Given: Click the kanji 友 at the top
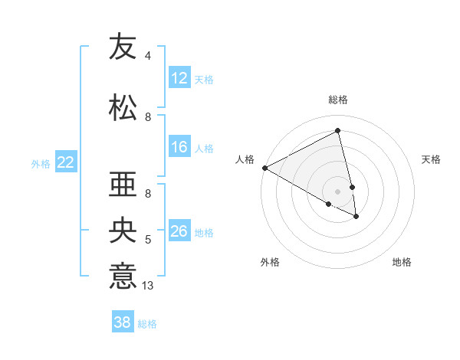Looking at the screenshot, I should (123, 47).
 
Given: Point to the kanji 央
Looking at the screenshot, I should (123, 232).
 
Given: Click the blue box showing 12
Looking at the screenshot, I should (179, 78).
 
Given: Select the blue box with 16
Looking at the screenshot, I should (179, 147).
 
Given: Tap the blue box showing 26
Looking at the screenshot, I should (179, 231).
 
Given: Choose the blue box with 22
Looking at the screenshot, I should (66, 162).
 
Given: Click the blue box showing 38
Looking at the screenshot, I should (123, 322).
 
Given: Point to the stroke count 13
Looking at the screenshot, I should (149, 286).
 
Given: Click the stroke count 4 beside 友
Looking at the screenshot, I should (148, 56).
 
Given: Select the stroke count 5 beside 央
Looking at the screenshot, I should (148, 240).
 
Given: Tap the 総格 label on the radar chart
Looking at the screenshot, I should (338, 100).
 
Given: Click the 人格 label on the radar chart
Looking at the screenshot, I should (245, 159).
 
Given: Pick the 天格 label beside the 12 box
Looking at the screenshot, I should (204, 79).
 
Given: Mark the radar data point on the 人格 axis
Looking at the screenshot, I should (264, 168).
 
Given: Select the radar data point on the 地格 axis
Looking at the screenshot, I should (356, 217).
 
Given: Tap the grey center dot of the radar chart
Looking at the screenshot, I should (338, 191).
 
